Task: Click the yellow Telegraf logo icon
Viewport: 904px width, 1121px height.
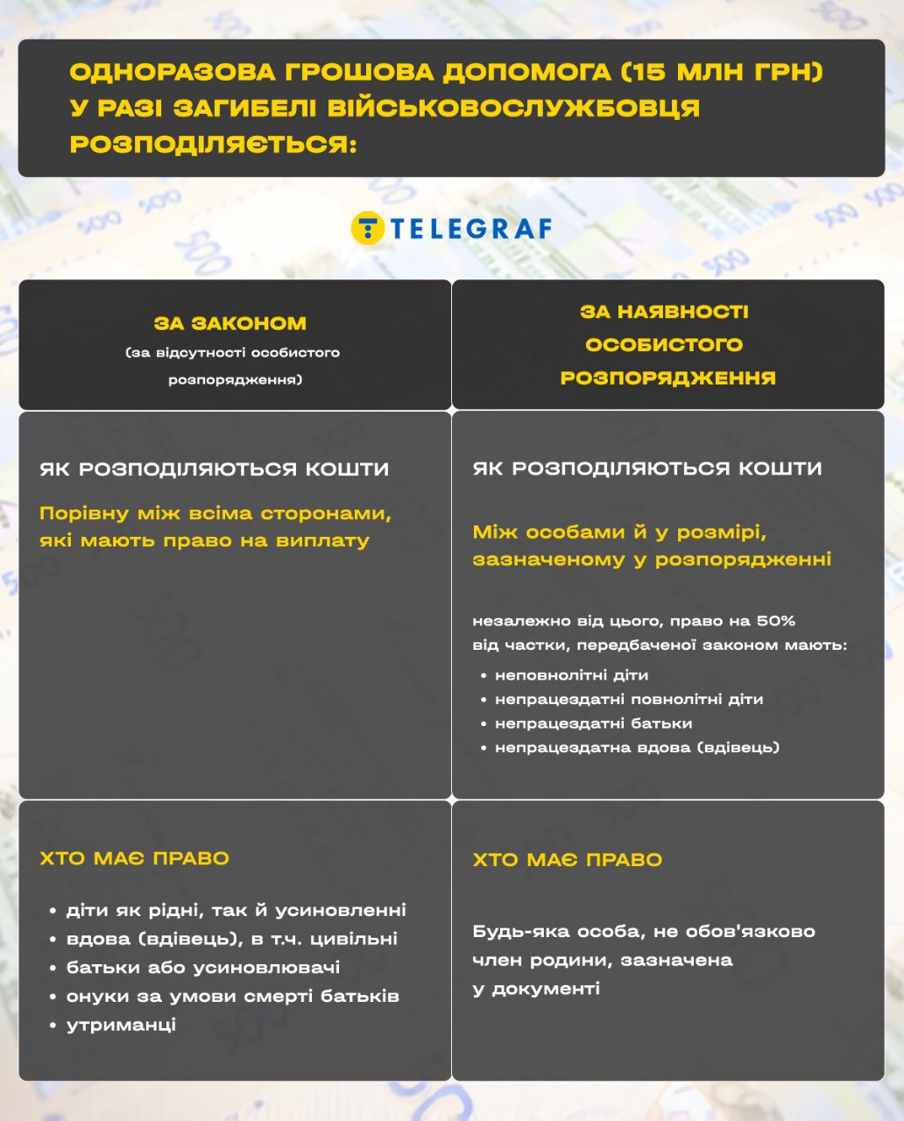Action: point(368,228)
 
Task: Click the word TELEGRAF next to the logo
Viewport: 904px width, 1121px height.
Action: point(470,229)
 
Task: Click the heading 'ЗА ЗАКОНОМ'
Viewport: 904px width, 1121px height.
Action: point(230,323)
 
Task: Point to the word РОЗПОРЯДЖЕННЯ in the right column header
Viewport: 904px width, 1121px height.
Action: point(667,377)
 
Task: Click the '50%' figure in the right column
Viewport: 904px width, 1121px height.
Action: point(777,621)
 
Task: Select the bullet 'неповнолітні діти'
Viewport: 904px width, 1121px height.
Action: point(571,675)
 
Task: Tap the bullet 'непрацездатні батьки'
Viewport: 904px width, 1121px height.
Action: point(593,723)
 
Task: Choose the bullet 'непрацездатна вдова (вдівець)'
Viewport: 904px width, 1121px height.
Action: point(637,747)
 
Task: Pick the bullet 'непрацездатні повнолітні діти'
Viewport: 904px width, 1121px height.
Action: point(628,699)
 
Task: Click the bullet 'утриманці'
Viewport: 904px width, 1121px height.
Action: point(121,1025)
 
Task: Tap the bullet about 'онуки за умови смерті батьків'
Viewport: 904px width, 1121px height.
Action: point(232,997)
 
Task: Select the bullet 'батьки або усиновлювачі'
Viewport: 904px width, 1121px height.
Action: point(203,968)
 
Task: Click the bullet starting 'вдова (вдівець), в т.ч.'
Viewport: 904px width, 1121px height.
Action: point(231,939)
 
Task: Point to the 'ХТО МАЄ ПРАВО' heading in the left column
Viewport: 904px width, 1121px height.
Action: point(134,858)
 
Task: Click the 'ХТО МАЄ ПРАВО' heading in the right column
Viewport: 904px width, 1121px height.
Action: point(567,860)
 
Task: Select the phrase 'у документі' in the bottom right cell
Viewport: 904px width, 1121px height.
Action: point(536,989)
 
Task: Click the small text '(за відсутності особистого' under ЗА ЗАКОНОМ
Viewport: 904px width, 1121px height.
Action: point(232,353)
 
